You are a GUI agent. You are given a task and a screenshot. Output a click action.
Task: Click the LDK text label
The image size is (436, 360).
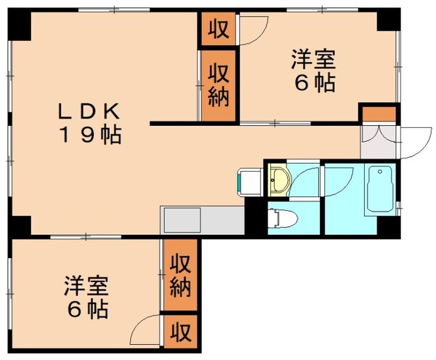pyautogui.click(x=91, y=112)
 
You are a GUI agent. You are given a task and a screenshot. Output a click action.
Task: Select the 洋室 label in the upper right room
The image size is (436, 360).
pyautogui.click(x=315, y=59)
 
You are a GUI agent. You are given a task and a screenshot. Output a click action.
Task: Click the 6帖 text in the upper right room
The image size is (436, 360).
pyautogui.click(x=315, y=83)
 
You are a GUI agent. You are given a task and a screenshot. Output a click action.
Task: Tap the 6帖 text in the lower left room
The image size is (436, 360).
pyautogui.click(x=86, y=311)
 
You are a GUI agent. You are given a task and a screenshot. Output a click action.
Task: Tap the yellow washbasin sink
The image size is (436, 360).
pyautogui.click(x=278, y=177)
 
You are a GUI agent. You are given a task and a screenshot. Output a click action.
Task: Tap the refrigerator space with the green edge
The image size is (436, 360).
pyautogui.click(x=246, y=182)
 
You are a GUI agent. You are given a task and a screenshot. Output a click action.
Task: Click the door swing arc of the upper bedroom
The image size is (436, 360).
pyautogui.click(x=254, y=33)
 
